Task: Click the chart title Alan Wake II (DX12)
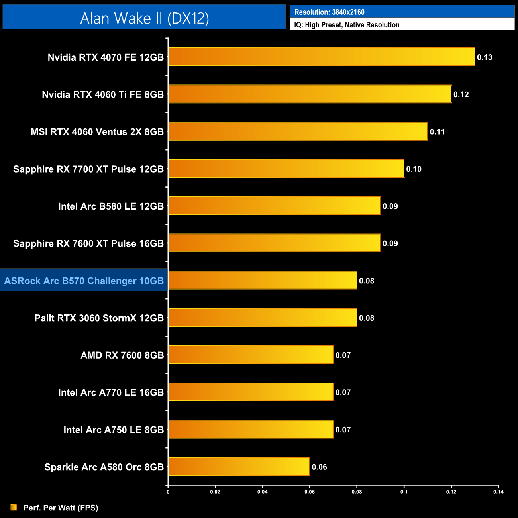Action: [x=144, y=18]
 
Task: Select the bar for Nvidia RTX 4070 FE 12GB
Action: [x=322, y=57]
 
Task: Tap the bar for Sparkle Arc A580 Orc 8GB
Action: [x=239, y=467]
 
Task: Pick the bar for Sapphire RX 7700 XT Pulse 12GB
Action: [x=286, y=169]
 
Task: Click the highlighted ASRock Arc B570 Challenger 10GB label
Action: [x=84, y=281]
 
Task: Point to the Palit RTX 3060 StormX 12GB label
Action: [x=99, y=318]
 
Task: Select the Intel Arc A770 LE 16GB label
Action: [x=111, y=392]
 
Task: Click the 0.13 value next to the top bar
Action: [x=485, y=57]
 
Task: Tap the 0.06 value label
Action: [x=319, y=467]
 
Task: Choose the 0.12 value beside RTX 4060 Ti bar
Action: [x=461, y=95]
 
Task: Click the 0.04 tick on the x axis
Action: [x=262, y=492]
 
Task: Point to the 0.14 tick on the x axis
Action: [x=498, y=492]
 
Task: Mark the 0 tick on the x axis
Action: [x=168, y=492]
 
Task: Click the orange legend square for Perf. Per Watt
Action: [x=14, y=507]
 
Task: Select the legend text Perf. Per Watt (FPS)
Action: [x=61, y=508]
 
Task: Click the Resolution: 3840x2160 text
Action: [x=329, y=12]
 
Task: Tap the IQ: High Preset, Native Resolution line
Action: [x=347, y=25]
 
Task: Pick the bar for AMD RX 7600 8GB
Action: [x=251, y=355]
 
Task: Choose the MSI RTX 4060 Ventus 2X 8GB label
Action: [x=97, y=132]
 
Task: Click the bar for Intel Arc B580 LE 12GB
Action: [x=274, y=206]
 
